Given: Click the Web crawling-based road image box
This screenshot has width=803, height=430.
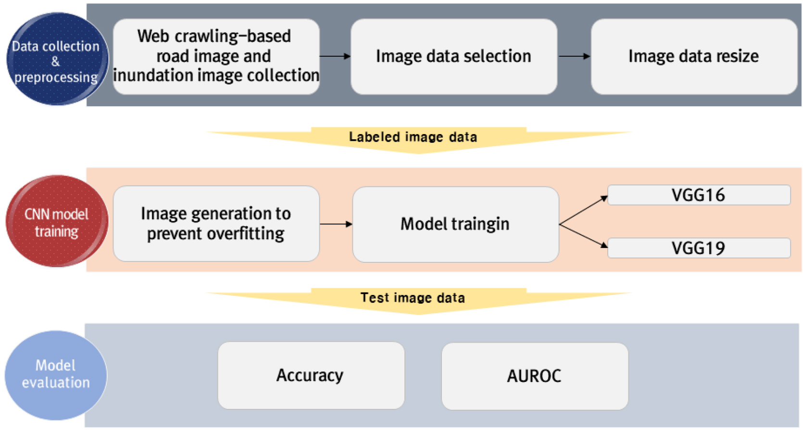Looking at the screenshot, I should point(216,56).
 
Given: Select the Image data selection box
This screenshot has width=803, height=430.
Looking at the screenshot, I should point(453,56).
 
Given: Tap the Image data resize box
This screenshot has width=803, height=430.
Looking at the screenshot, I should point(693,56).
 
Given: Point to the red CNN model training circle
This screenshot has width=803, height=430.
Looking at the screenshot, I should point(56,221).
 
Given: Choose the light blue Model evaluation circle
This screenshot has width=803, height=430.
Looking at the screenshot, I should point(56,375).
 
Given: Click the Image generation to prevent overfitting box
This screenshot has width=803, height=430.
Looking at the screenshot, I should point(216,223).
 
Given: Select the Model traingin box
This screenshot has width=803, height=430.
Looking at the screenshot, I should point(455,224).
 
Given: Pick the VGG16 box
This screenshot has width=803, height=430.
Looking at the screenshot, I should point(698,195).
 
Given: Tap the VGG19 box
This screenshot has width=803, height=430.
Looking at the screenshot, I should point(698,248).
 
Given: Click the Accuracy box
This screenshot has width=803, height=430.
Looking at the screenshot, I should point(311,375).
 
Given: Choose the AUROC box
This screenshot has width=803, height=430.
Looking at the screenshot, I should point(534,376).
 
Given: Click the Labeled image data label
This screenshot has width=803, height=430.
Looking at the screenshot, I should point(413,137).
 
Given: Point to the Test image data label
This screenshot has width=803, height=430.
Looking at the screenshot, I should point(413,298).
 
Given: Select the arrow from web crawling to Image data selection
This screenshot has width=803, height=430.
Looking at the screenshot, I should point(335,56).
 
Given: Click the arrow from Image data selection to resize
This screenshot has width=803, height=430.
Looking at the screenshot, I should point(574,56).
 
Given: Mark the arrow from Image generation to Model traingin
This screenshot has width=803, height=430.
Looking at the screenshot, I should point(336,224).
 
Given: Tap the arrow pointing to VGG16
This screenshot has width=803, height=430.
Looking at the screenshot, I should point(584,210).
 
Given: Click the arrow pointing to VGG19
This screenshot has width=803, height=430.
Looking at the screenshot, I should point(584,236).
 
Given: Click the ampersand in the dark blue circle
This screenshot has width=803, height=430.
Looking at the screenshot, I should point(56,62).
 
